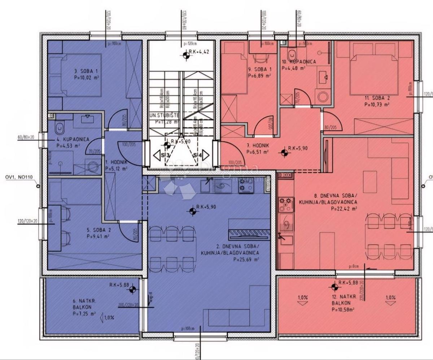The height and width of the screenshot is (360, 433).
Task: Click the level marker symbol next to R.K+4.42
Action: (x=186, y=55)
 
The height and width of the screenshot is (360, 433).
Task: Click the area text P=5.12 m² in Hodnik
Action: (x=116, y=168)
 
